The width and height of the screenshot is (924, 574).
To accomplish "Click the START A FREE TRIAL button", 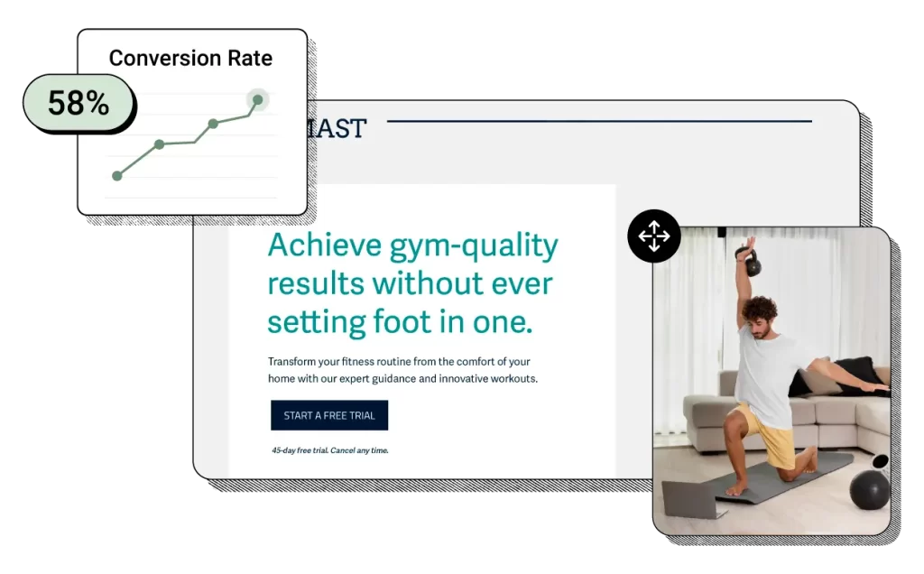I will click(x=329, y=415).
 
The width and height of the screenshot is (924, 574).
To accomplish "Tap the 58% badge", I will click(x=79, y=103).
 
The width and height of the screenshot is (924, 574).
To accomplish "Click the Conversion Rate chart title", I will click(x=190, y=58).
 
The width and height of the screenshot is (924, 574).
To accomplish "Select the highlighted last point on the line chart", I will click(x=257, y=100).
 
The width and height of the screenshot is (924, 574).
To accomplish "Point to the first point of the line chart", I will click(x=116, y=176).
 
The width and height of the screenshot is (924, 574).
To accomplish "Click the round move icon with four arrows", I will click(x=653, y=236).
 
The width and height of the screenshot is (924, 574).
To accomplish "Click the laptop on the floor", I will click(x=690, y=499).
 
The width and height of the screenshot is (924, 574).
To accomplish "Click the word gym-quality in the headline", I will click(x=474, y=245).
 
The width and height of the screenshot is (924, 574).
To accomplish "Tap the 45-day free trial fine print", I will click(x=329, y=450).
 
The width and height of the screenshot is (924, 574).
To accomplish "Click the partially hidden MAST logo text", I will click(x=335, y=129).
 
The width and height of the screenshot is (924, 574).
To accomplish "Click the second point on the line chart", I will click(x=160, y=144).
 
